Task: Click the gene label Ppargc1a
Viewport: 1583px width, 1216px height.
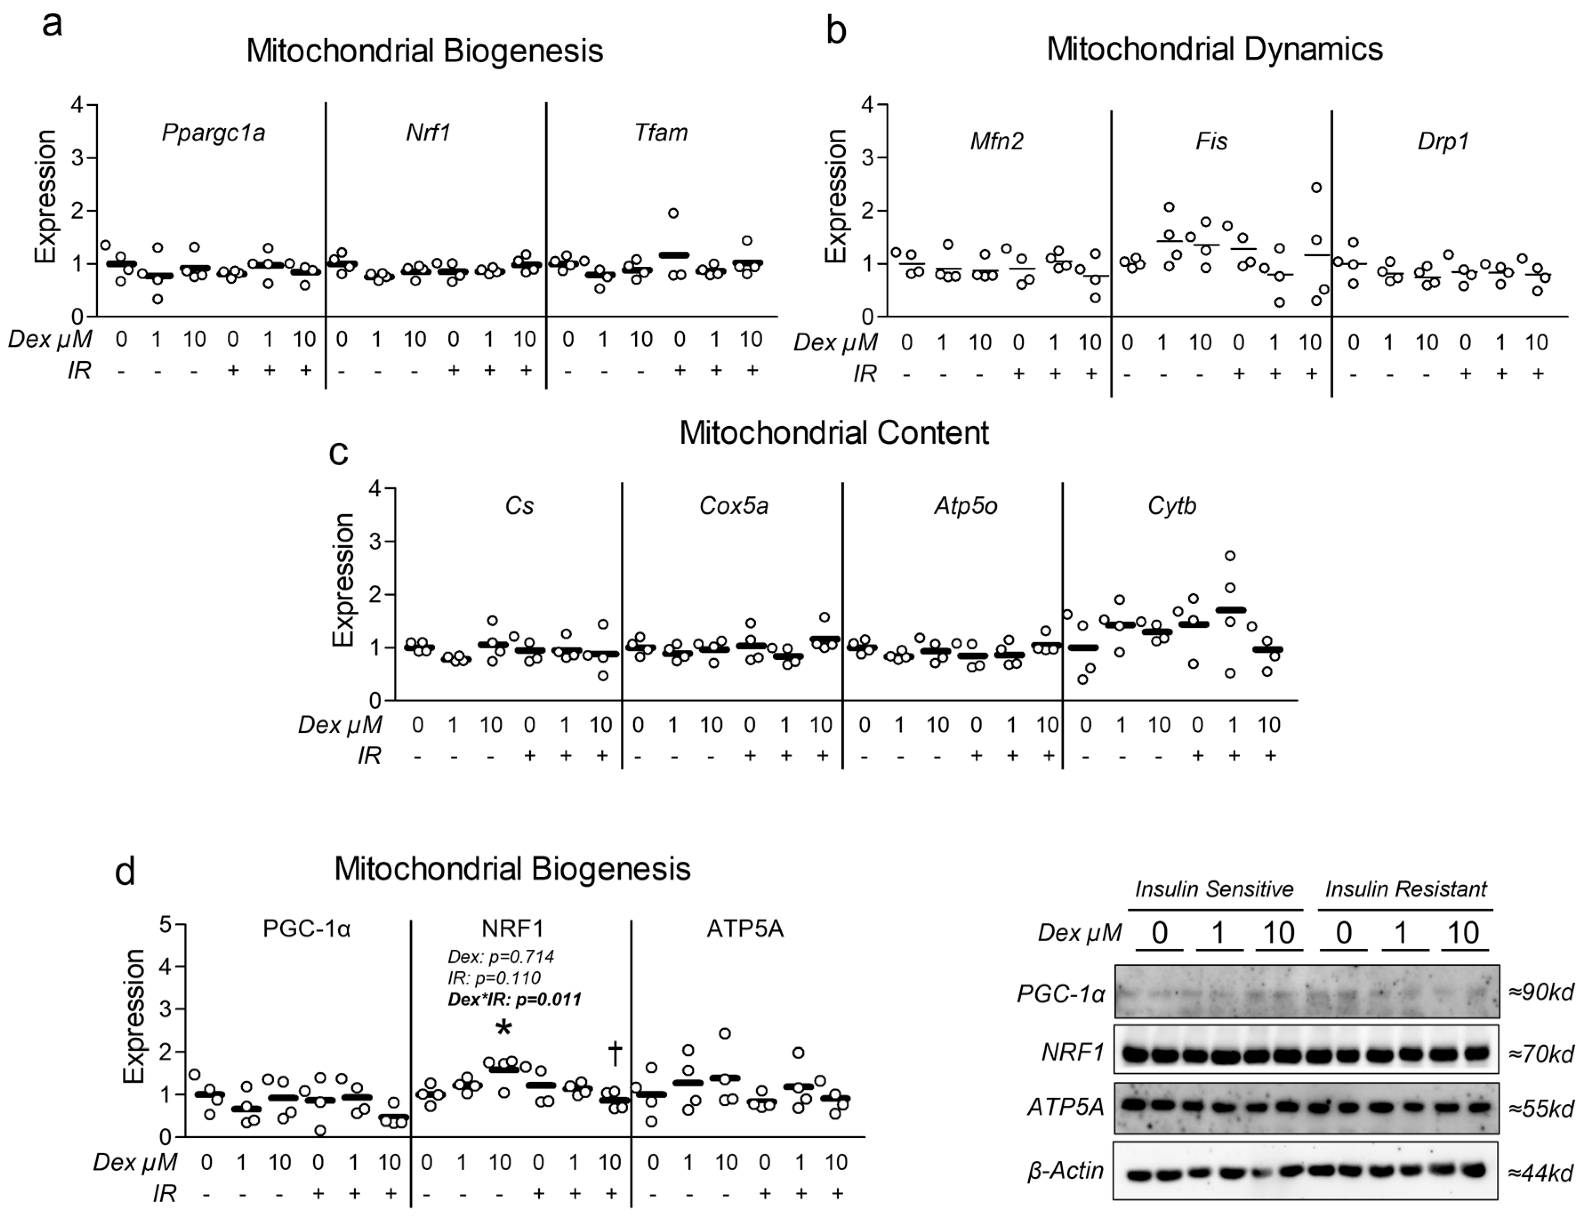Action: pos(213,133)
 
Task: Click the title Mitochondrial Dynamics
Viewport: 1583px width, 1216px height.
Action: pos(1214,49)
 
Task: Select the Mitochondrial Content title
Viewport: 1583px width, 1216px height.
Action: pos(834,433)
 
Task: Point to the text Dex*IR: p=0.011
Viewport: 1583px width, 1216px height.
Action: pos(514,999)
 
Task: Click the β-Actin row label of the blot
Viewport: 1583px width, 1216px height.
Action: pos(1065,1170)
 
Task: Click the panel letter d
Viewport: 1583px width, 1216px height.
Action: pos(125,873)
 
